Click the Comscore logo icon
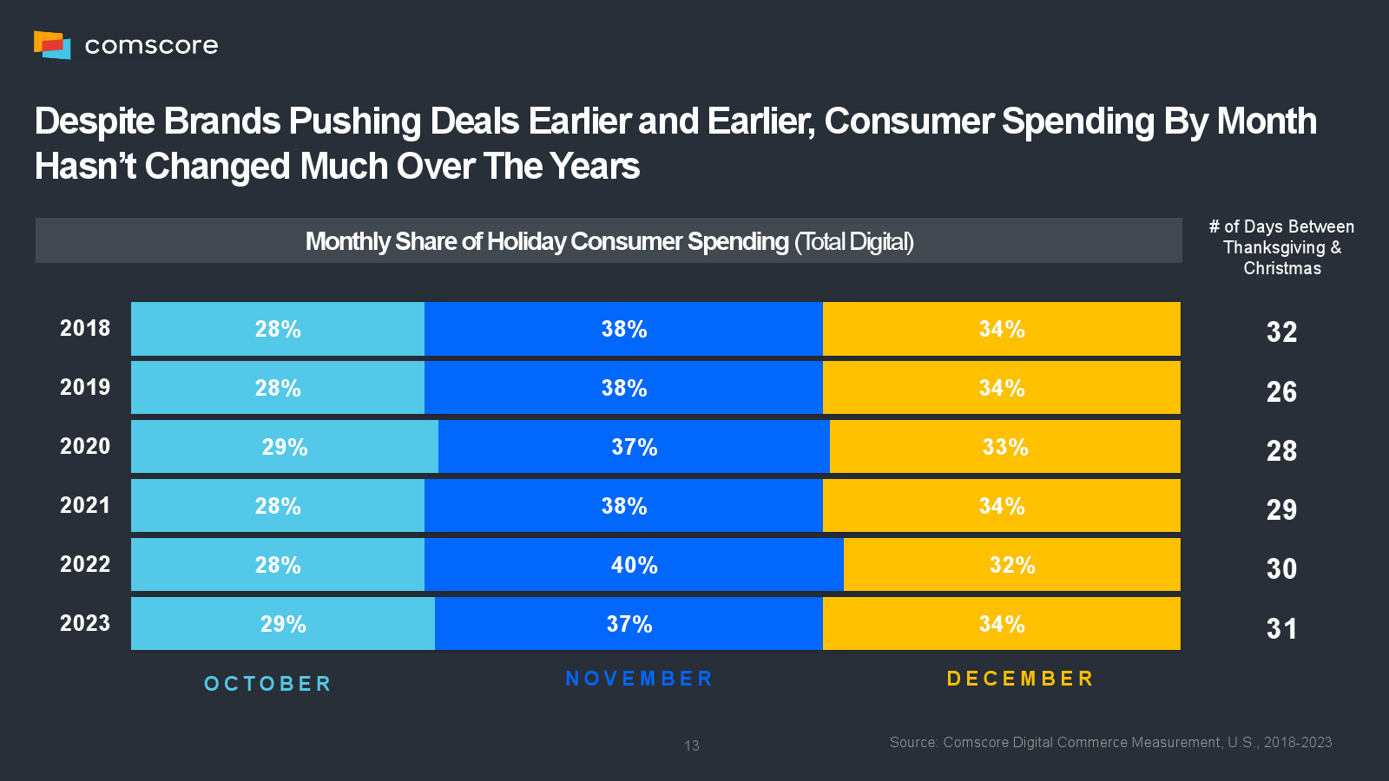pos(52,44)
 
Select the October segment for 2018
pos(278,329)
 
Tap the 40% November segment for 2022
pos(634,565)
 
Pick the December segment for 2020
pos(1004,447)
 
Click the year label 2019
pos(85,387)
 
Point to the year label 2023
pos(85,623)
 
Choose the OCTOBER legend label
pos(267,684)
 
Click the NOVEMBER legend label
pos(639,679)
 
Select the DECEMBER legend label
pos(1020,679)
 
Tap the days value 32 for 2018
pos(1281,331)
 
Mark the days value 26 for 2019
pos(1281,391)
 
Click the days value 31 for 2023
pos(1281,628)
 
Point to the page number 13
pos(692,745)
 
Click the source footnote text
pos(1110,743)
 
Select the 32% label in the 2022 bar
pos(1012,566)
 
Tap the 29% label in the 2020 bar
pos(285,448)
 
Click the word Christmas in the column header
pos(1282,268)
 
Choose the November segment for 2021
pos(623,506)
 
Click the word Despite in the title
pos(95,121)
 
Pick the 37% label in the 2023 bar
pos(629,624)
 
